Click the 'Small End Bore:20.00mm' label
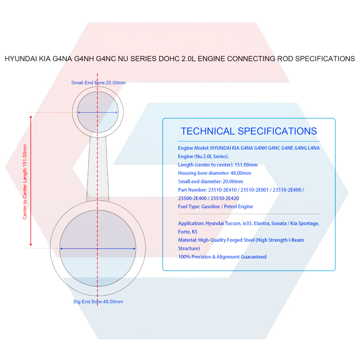pyautogui.click(x=99, y=82)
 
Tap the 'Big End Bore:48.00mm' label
pyautogui.click(x=98, y=301)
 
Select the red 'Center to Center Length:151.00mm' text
pyautogui.click(x=25, y=182)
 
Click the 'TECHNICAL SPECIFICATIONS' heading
pyautogui.click(x=249, y=131)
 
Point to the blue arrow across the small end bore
pyautogui.click(x=97, y=112)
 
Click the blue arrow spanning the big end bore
pyautogui.click(x=97, y=248)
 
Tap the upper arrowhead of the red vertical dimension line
pyautogui.click(x=31, y=117)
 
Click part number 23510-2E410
pyautogui.click(x=222, y=190)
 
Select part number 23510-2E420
pyautogui.click(x=225, y=198)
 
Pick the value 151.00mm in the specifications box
pyautogui.click(x=246, y=165)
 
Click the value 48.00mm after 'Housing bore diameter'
pyautogui.click(x=241, y=173)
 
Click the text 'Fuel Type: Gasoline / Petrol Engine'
pyautogui.click(x=216, y=207)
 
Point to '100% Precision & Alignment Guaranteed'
pyautogui.click(x=222, y=256)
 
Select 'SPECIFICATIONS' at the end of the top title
pyautogui.click(x=325, y=59)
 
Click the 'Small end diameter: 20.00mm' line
pyautogui.click(x=210, y=181)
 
